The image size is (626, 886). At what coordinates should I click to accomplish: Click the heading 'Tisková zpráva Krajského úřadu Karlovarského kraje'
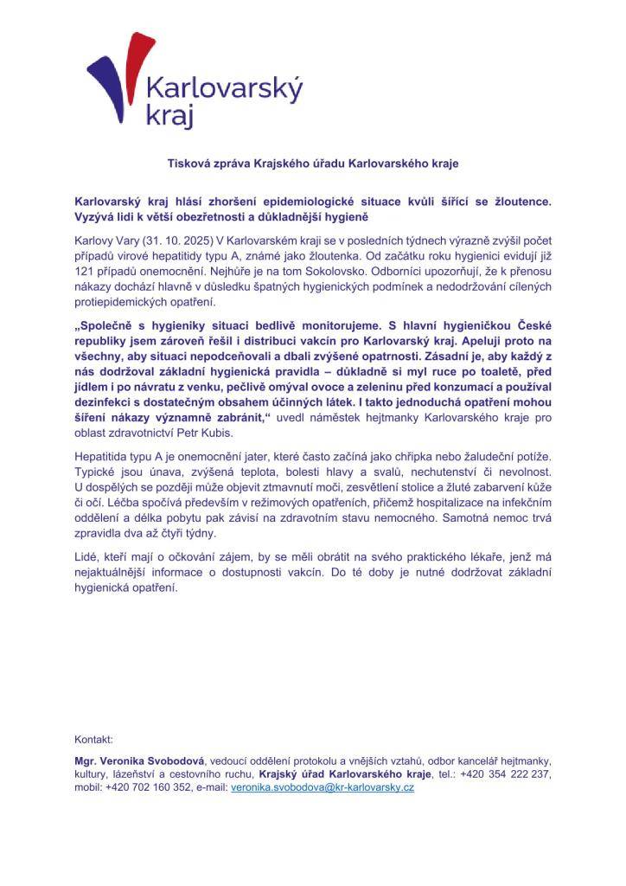(312, 163)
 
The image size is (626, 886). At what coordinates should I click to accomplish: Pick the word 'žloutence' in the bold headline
(520, 201)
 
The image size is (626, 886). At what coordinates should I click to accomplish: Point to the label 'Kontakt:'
(94, 740)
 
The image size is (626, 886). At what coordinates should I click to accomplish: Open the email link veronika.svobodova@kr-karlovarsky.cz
(323, 788)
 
